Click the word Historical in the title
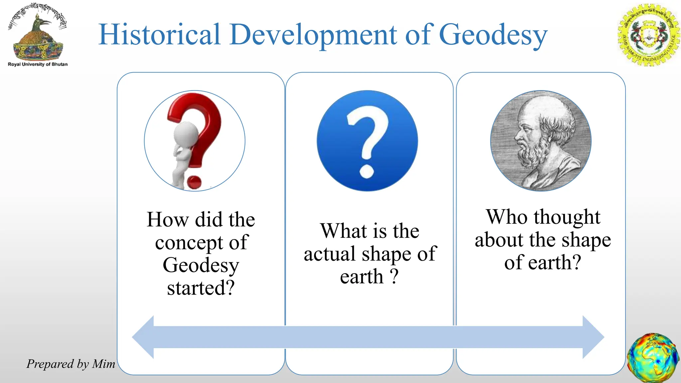click(160, 34)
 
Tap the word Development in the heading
click(313, 35)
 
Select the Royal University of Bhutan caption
click(38, 64)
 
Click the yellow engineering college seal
click(648, 35)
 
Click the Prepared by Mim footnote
click(70, 364)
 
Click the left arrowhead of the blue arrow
click(144, 337)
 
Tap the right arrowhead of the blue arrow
click(593, 337)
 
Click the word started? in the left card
click(201, 288)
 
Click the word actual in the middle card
click(330, 254)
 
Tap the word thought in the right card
click(567, 218)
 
